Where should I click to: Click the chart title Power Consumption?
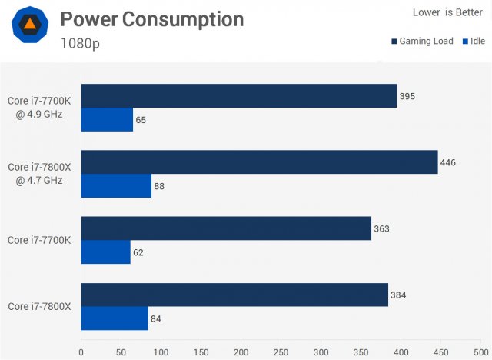[x=151, y=19]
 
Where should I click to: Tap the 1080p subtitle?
[x=80, y=43]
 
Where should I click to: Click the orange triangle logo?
[x=29, y=28]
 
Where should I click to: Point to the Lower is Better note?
[x=447, y=12]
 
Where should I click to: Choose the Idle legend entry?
[x=474, y=42]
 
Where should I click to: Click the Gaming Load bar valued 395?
[x=238, y=96]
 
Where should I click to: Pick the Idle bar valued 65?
[x=107, y=119]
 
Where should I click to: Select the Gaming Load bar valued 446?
[x=259, y=162]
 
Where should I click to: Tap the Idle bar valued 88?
[x=116, y=185]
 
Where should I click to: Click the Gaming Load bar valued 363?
[x=226, y=228]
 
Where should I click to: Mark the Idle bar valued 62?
[x=105, y=252]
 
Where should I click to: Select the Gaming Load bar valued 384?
[x=234, y=295]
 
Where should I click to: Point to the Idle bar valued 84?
[x=115, y=318]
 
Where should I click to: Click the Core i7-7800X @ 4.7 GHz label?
[x=39, y=174]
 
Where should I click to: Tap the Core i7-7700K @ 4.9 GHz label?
[x=39, y=108]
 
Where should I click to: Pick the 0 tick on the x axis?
[x=81, y=352]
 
